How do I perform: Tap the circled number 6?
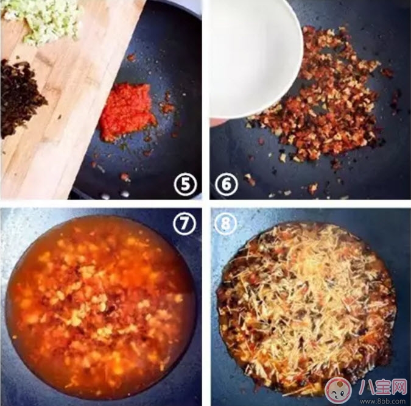coord(227,184)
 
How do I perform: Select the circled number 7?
coord(184,223)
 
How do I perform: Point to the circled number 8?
coord(226,223)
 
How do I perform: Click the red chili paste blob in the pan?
coord(128,110)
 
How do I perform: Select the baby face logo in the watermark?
coord(338,390)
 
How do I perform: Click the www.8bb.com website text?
coord(383,401)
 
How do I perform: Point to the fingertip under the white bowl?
coord(216,122)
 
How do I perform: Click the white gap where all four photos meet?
coord(206,204)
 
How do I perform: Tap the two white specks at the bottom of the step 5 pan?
coord(115,194)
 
